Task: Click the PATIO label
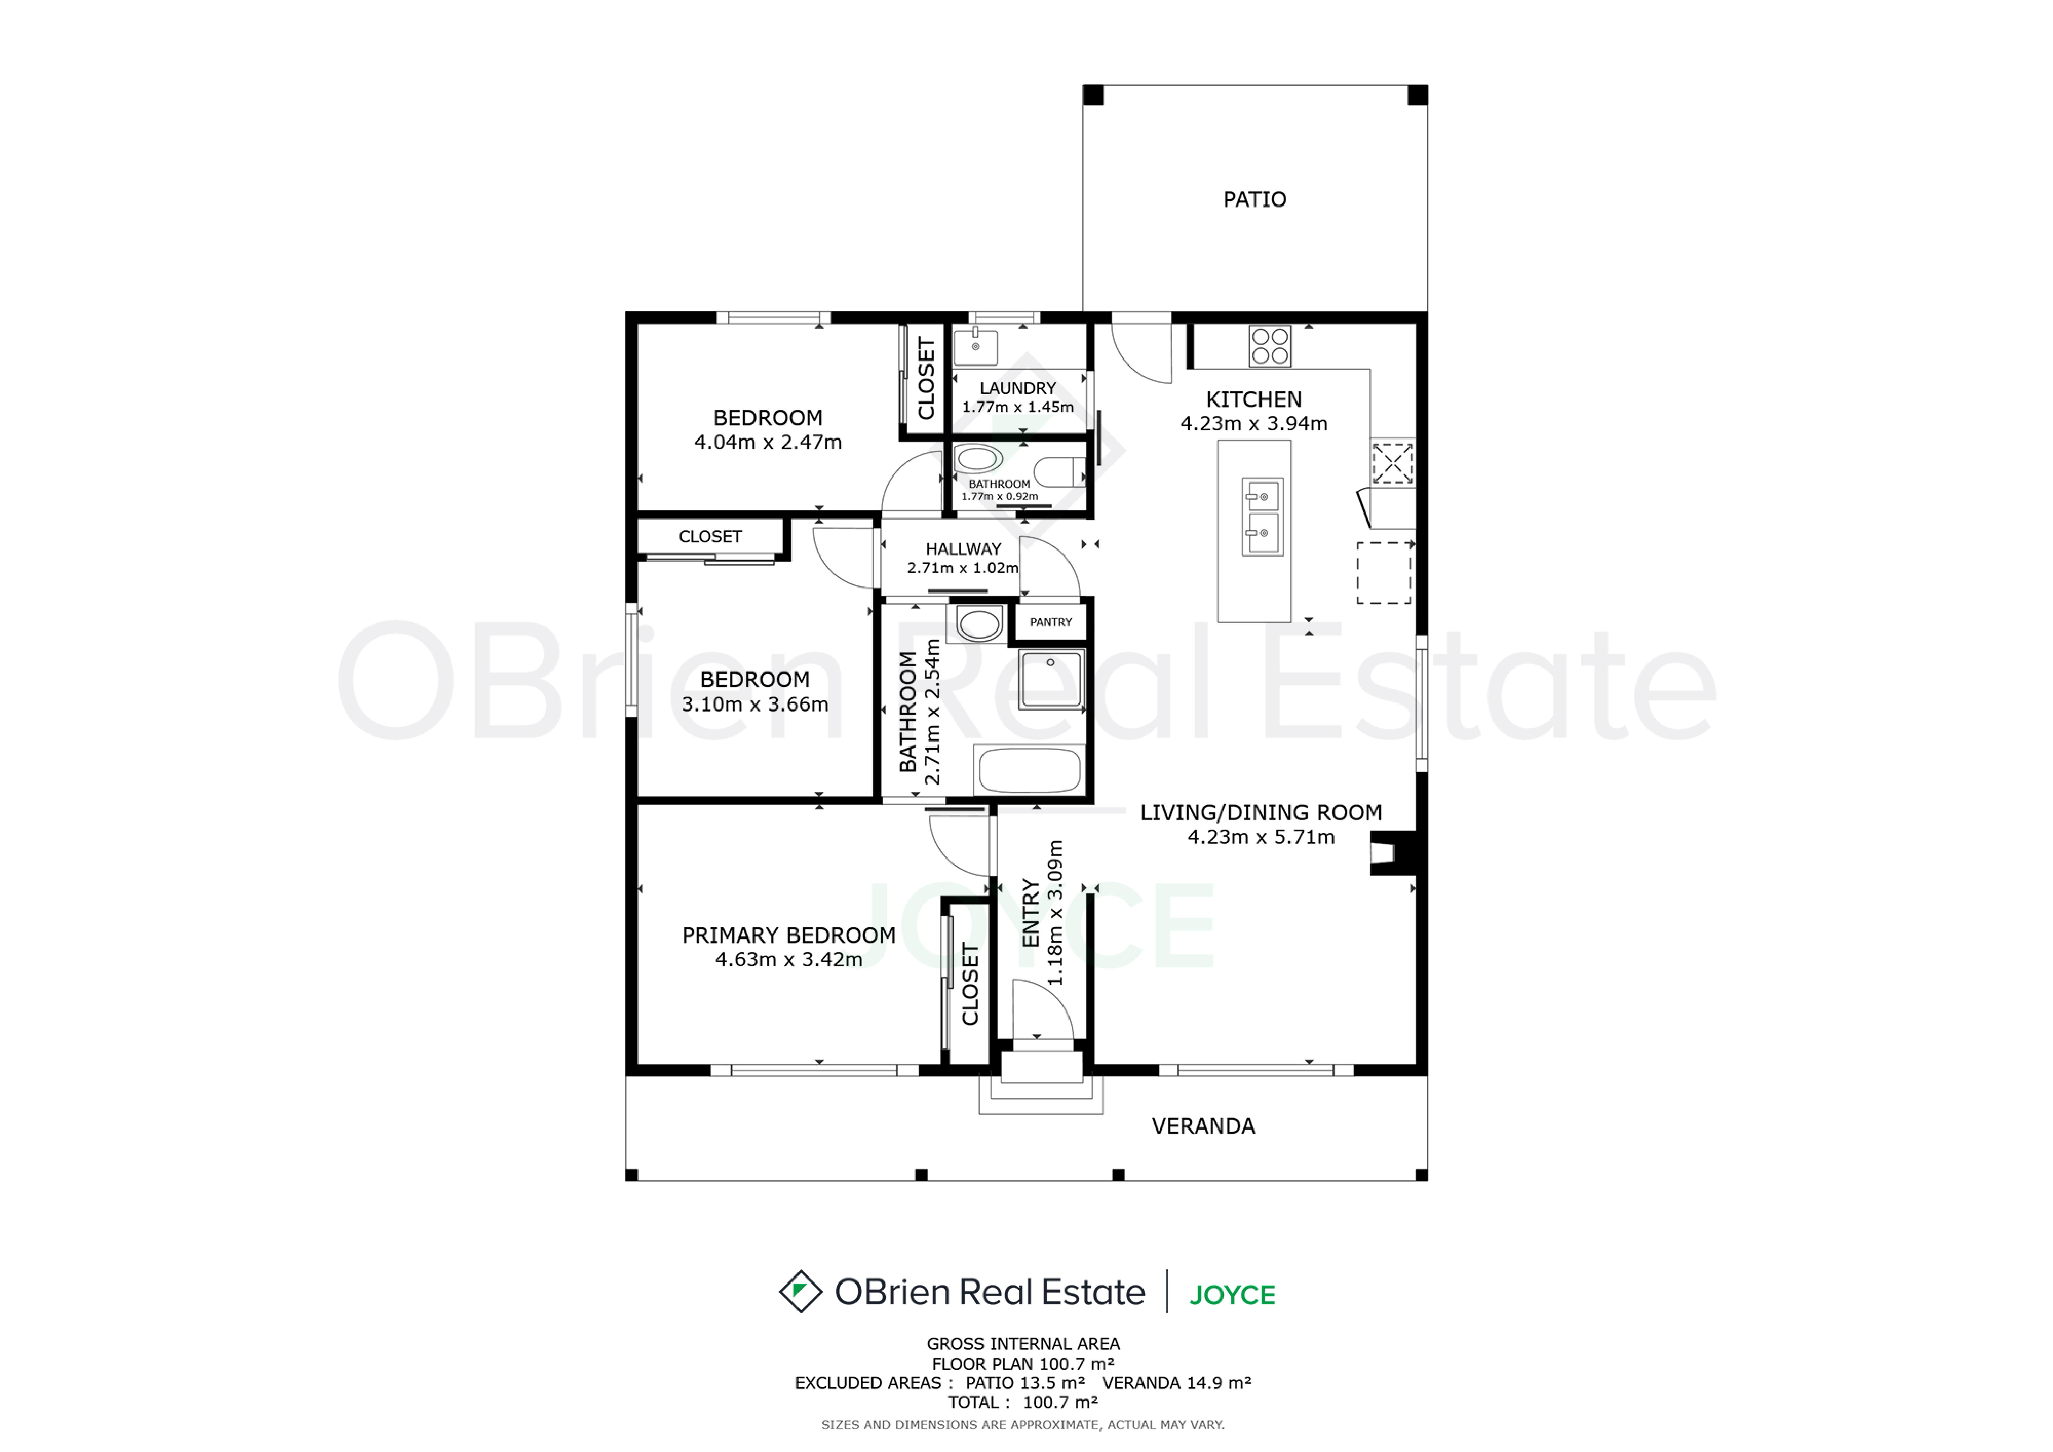click(1255, 200)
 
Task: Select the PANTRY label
click(1051, 622)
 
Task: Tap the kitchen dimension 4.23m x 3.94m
click(1254, 424)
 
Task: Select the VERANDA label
click(1203, 1126)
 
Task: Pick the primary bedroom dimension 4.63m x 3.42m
click(789, 960)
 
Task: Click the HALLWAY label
click(963, 549)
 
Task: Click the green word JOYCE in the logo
click(1232, 1295)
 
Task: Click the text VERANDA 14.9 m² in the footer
click(1177, 1383)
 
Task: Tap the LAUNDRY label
click(1018, 388)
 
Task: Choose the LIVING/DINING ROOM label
click(1261, 813)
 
